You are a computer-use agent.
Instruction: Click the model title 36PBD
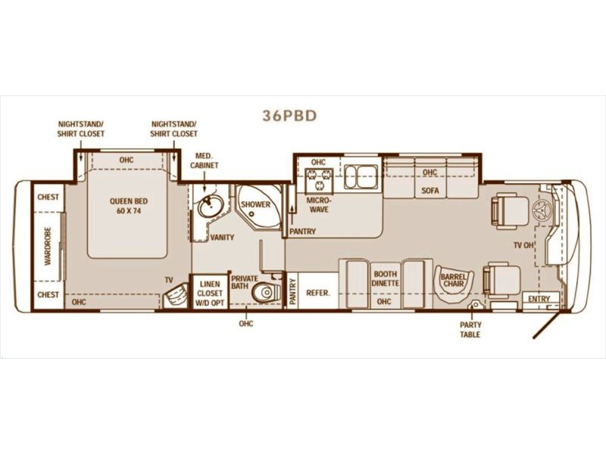point(289,116)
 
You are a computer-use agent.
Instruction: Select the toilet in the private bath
point(266,292)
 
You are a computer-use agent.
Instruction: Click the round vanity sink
point(211,206)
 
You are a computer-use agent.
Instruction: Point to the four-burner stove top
point(319,180)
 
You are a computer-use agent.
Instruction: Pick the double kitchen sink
point(361,176)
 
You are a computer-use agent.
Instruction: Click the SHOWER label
point(256,204)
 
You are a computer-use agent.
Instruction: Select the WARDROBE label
point(48,245)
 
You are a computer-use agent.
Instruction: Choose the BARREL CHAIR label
point(454,280)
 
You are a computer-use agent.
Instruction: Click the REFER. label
point(318,293)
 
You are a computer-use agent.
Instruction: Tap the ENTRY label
point(539,299)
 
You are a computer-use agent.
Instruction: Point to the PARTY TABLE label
point(470,330)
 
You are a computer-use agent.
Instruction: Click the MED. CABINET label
point(204,160)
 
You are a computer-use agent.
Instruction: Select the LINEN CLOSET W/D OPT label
point(210,294)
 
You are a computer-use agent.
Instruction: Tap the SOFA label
point(430,191)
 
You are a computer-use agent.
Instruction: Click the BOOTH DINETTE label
point(386,278)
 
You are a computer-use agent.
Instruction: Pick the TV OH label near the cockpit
point(523,245)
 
